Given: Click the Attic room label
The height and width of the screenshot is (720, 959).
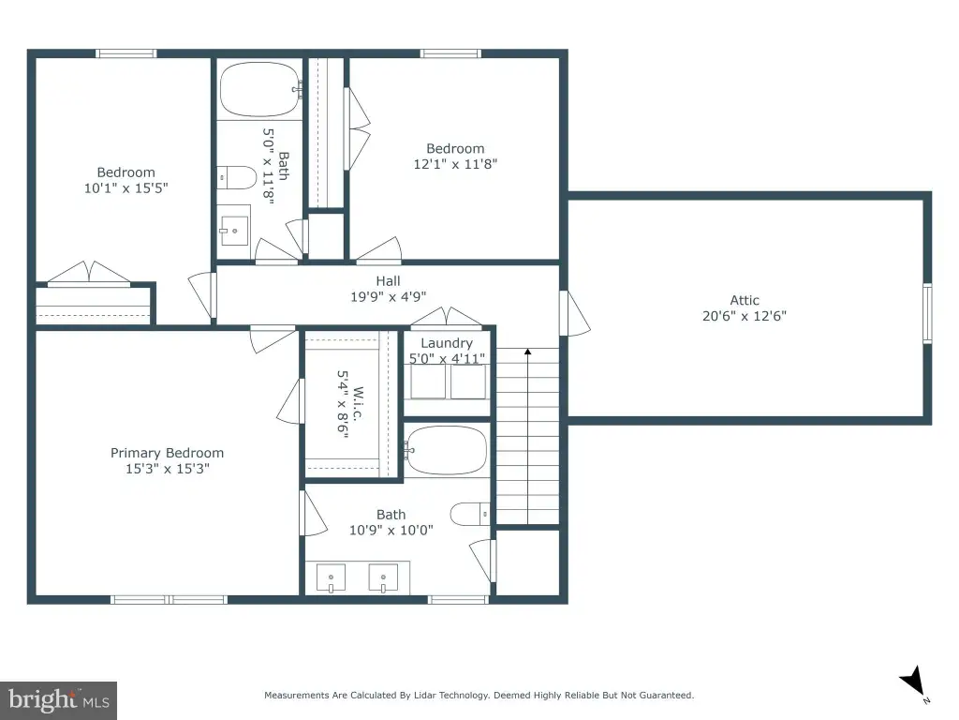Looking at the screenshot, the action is pyautogui.click(x=745, y=301).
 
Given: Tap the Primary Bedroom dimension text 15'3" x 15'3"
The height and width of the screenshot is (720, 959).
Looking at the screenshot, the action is pyautogui.click(x=168, y=469).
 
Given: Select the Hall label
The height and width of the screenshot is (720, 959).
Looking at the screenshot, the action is pyautogui.click(x=389, y=281).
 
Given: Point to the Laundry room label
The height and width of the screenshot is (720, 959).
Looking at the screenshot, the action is pyautogui.click(x=447, y=343).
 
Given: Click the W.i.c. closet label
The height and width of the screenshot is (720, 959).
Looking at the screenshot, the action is pyautogui.click(x=359, y=404).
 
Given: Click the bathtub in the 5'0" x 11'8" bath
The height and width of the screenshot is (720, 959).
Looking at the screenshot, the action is pyautogui.click(x=260, y=89).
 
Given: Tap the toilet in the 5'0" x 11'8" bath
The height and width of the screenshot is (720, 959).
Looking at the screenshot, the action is pyautogui.click(x=237, y=177).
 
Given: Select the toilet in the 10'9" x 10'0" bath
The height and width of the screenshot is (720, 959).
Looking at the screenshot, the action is pyautogui.click(x=470, y=515).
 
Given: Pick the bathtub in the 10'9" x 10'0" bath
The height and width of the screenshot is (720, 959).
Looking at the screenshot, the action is pyautogui.click(x=446, y=451).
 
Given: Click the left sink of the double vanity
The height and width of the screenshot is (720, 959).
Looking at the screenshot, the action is pyautogui.click(x=331, y=578).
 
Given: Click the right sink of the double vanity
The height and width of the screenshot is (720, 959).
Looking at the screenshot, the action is pyautogui.click(x=383, y=578).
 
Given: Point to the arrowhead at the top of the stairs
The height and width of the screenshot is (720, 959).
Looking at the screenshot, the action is pyautogui.click(x=528, y=352).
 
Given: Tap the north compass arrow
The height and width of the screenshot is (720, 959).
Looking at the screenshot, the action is pyautogui.click(x=913, y=682).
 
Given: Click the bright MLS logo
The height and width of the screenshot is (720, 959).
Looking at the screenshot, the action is pyautogui.click(x=59, y=700).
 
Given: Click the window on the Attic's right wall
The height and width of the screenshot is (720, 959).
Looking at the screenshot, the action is pyautogui.click(x=927, y=313).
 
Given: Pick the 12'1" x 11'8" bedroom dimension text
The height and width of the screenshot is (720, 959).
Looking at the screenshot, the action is pyautogui.click(x=456, y=164).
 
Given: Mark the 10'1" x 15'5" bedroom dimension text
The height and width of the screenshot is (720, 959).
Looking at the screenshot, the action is pyautogui.click(x=126, y=187).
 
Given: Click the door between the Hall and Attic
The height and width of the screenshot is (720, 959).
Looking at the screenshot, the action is pyautogui.click(x=574, y=313).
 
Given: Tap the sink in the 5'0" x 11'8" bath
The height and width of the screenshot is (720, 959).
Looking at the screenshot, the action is pyautogui.click(x=234, y=231).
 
